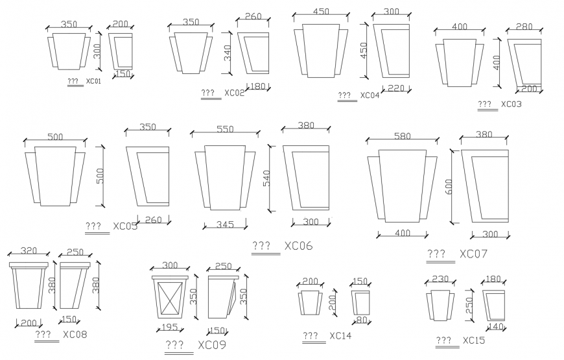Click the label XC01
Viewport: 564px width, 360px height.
(x=94, y=81)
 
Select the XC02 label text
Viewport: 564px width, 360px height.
(x=234, y=93)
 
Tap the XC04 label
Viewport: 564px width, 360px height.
(x=370, y=95)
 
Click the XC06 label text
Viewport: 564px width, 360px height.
(x=298, y=246)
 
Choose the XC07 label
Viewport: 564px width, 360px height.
(x=473, y=254)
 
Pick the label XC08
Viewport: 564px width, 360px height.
(x=75, y=335)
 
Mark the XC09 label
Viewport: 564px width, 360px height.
(x=212, y=344)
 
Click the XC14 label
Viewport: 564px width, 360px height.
(x=340, y=336)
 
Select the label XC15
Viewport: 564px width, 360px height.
(x=473, y=340)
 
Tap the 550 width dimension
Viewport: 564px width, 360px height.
(x=225, y=129)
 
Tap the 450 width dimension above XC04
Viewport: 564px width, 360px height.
(x=321, y=12)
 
